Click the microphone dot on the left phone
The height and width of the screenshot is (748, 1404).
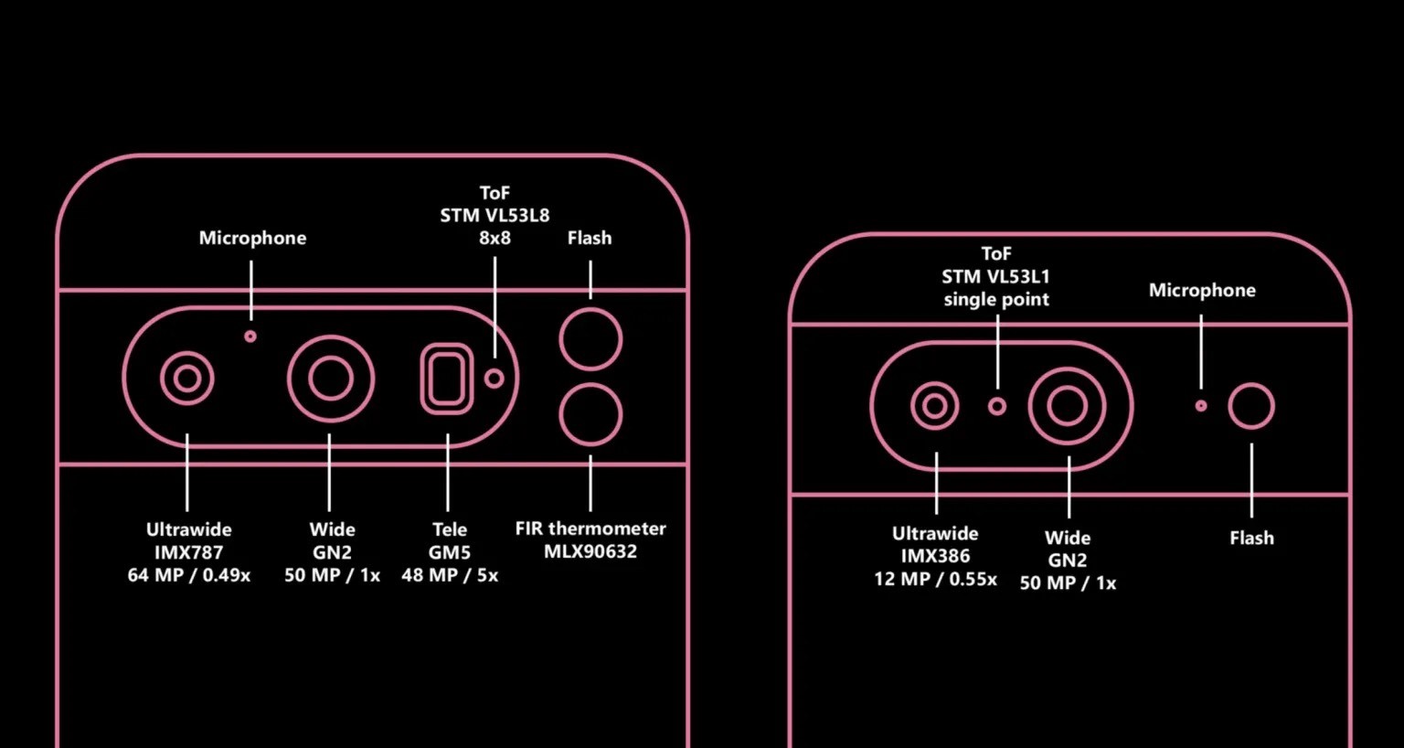(x=250, y=337)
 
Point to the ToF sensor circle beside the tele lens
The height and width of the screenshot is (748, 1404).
(x=494, y=379)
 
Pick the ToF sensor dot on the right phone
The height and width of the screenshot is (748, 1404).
(x=997, y=406)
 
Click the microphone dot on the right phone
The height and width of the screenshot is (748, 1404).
(x=1201, y=406)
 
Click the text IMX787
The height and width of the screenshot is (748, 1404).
(x=188, y=552)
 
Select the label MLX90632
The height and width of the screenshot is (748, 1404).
(x=590, y=551)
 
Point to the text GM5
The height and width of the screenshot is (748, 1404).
(x=450, y=552)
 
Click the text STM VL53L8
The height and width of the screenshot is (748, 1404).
(x=495, y=216)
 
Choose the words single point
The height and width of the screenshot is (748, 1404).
(x=996, y=300)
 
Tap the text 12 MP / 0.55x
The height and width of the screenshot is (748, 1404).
(x=935, y=579)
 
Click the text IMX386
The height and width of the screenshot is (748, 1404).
(x=935, y=556)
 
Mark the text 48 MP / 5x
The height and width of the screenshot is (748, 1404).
(x=450, y=575)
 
